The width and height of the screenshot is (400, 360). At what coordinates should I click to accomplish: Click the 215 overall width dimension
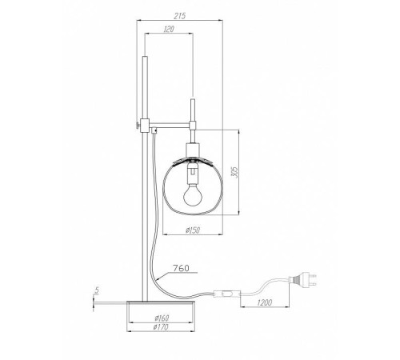(180, 16)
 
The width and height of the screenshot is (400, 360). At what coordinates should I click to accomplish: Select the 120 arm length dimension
(169, 29)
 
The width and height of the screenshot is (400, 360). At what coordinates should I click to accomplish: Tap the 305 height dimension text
(234, 173)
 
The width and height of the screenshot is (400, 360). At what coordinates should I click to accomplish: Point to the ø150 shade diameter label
(193, 230)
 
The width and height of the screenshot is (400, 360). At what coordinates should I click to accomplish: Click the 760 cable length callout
(181, 268)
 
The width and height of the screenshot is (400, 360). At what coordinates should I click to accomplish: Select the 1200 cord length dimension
(265, 302)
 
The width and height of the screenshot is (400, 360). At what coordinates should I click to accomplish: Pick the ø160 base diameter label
(162, 318)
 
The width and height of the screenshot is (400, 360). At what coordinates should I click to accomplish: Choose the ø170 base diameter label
(161, 327)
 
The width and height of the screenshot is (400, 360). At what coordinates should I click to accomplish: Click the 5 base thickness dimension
(97, 290)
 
